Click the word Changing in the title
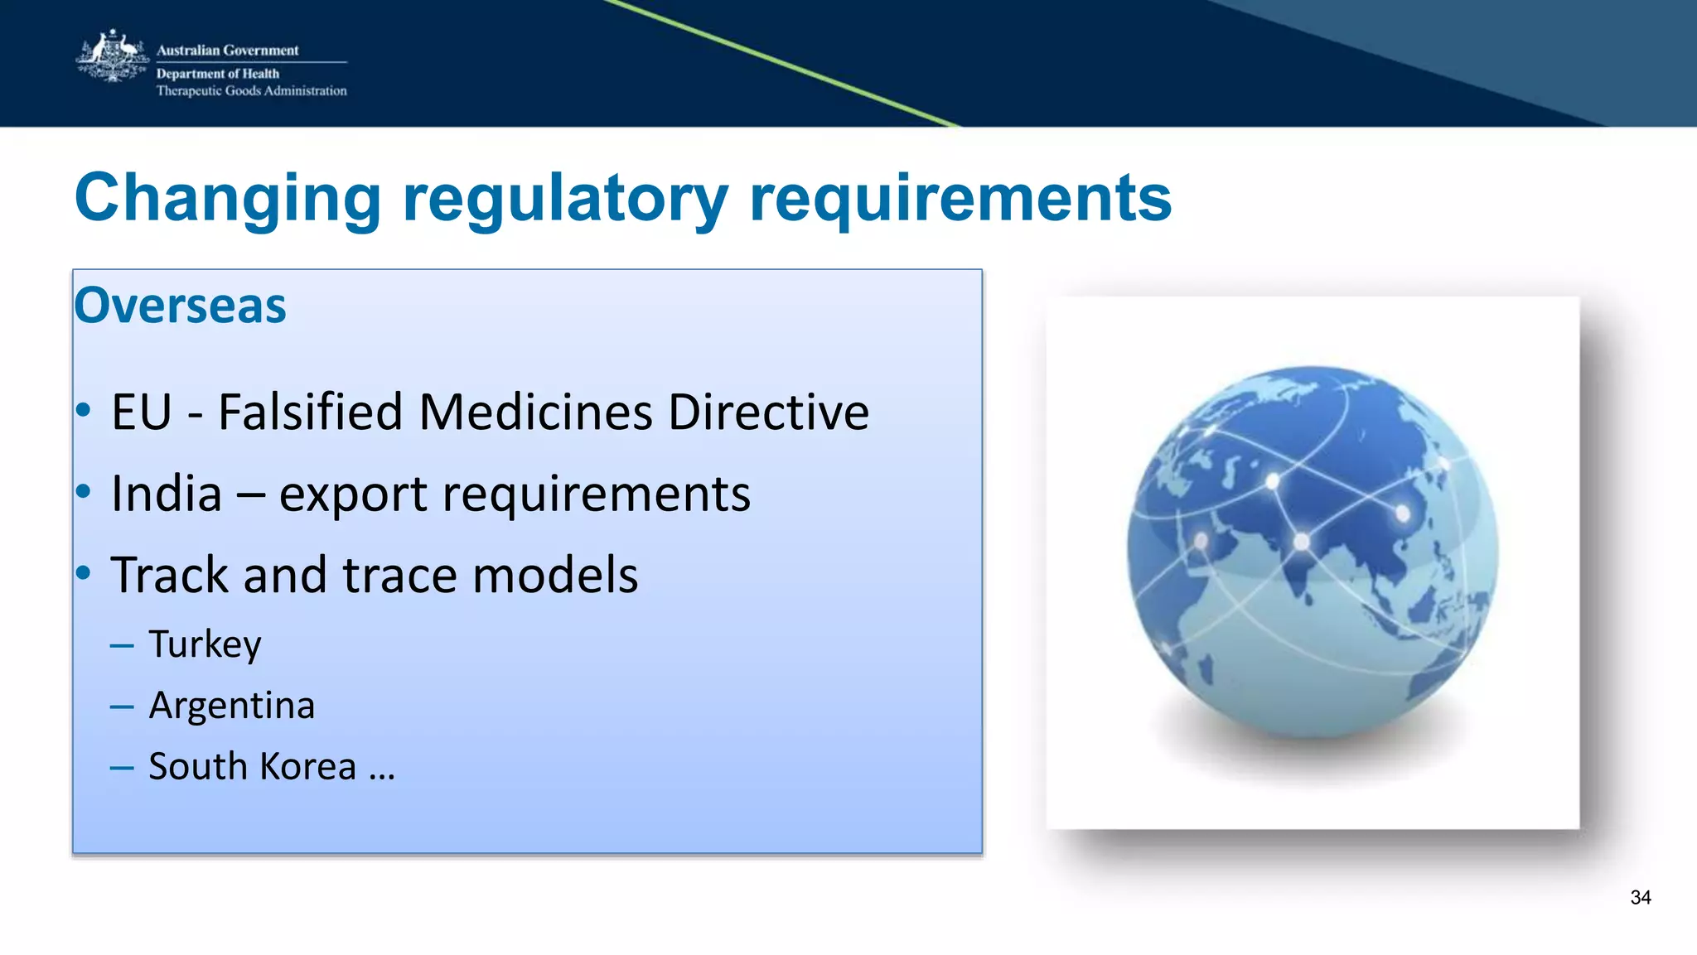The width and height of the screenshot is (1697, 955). [x=228, y=199]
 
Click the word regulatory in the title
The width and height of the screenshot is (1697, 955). [x=565, y=199]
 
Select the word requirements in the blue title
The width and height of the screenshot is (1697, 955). [x=960, y=199]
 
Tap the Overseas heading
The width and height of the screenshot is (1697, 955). [x=180, y=306]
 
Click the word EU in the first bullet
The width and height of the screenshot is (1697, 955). [x=142, y=412]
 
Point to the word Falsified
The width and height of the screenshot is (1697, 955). [x=311, y=412]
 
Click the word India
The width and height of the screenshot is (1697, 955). [x=167, y=494]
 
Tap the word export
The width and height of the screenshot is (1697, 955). [x=352, y=495]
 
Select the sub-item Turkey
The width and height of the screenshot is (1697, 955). [x=205, y=644]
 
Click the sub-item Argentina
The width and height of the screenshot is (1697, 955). [x=231, y=706]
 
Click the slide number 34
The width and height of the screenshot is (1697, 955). [x=1640, y=898]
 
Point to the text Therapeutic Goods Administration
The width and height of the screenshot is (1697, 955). [x=251, y=91]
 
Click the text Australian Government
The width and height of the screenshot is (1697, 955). [x=227, y=51]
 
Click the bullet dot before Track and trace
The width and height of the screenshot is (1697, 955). [x=83, y=573]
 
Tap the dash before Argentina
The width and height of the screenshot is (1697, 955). [x=122, y=707]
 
